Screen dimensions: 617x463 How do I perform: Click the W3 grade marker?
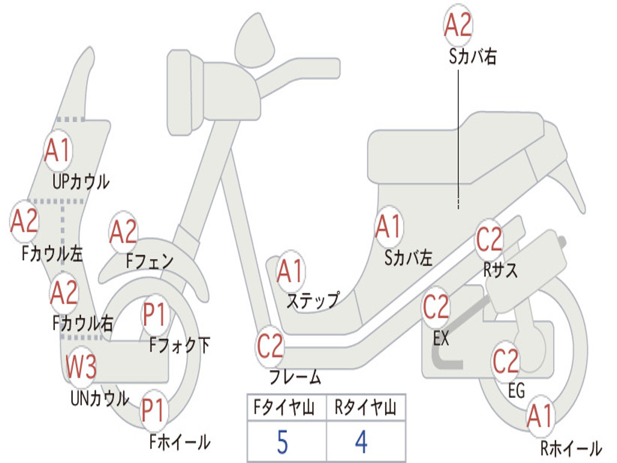pos(81,367)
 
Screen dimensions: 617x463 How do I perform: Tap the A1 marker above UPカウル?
pos(58,151)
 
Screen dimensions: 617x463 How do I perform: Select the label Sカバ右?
pos(472,57)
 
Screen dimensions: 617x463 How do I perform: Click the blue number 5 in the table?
pos(282,442)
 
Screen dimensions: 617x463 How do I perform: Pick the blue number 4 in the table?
pos(361,442)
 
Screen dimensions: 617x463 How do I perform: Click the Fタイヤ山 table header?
pos(283,409)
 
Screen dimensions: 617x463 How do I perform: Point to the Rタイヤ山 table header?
pos(365,409)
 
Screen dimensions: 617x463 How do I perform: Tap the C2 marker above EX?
pos(436,307)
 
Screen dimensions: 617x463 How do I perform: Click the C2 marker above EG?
pos(506,361)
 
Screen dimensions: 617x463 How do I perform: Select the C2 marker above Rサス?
pos(489,240)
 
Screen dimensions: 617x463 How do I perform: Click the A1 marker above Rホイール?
pos(539,417)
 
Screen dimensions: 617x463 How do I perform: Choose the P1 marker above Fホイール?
pos(154,411)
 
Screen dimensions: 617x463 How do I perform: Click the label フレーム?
pos(295,378)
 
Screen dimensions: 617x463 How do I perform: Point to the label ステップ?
pos(312,300)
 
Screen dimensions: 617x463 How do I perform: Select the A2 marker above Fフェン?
pos(123,233)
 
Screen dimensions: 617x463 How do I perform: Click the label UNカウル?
pos(99,398)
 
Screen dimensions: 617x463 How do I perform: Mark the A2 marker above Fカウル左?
pos(25,221)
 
